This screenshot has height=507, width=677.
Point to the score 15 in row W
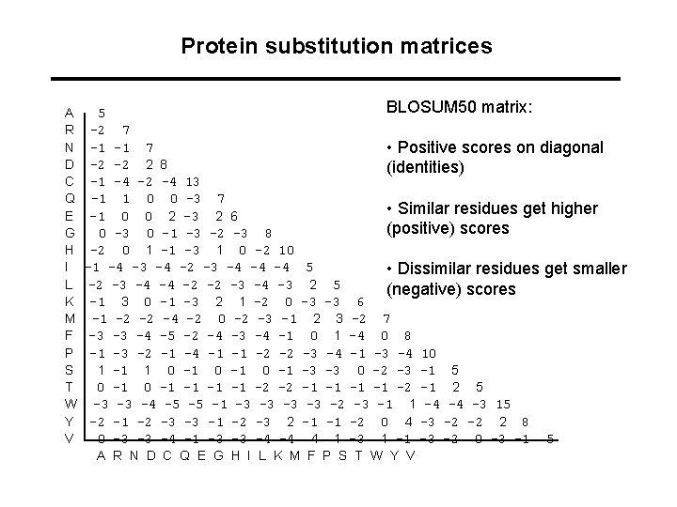[503, 404]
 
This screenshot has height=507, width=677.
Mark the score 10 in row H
[288, 251]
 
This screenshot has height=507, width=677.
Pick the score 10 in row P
[429, 353]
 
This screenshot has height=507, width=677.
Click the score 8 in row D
[165, 164]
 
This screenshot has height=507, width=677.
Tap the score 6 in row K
[361, 301]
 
